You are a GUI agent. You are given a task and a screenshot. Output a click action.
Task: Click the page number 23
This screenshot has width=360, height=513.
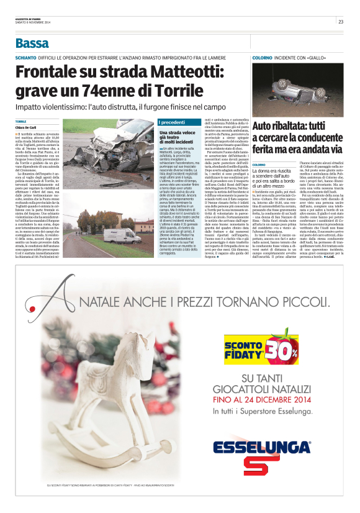coord(341,22)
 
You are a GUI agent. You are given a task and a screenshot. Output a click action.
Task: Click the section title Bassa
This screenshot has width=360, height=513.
coord(32,43)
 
